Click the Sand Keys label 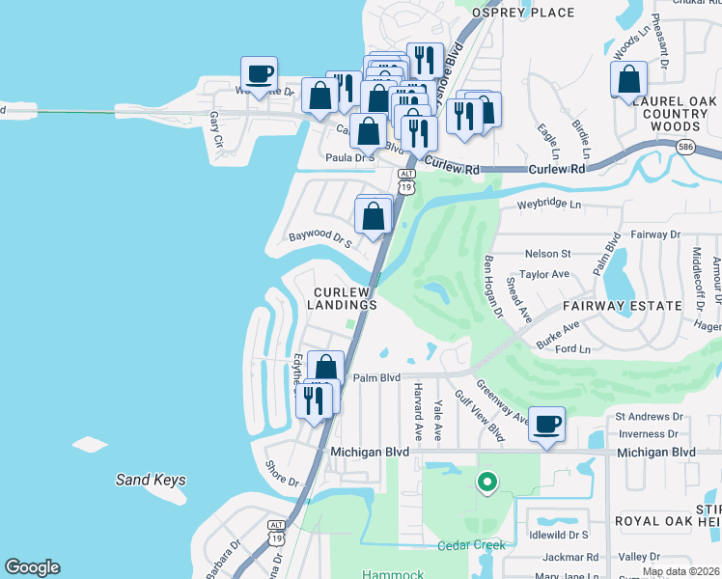click(151, 480)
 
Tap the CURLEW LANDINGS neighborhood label click(345, 298)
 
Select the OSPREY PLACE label click(522, 13)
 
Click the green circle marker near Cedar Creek click(487, 481)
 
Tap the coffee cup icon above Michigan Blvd click(546, 425)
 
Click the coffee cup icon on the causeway click(259, 74)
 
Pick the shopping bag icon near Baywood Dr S click(374, 217)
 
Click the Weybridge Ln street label click(549, 205)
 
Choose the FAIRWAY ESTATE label click(623, 306)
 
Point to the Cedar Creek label click(471, 545)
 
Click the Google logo click(32, 567)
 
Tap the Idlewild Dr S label click(552, 534)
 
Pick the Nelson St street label click(547, 254)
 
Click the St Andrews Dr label click(649, 417)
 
